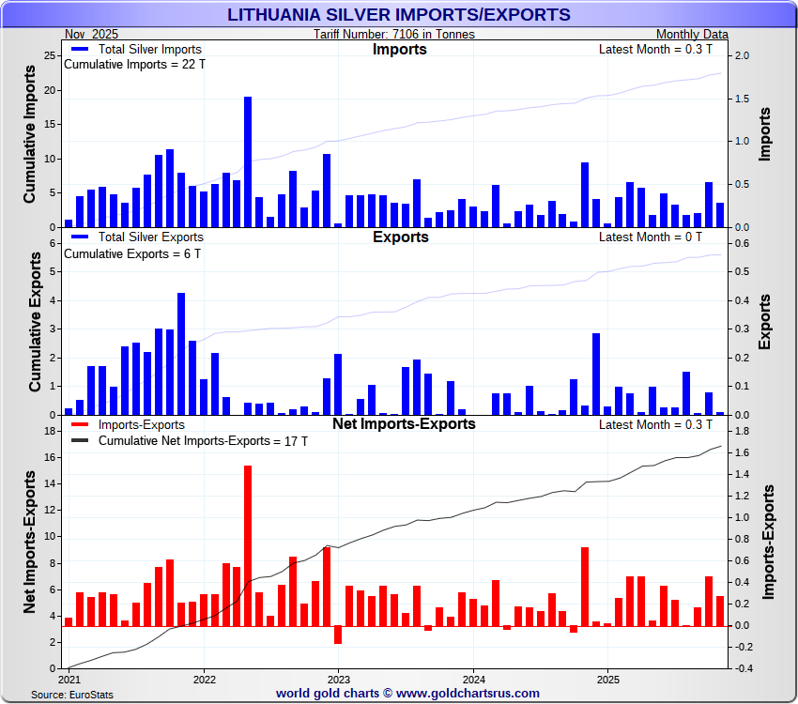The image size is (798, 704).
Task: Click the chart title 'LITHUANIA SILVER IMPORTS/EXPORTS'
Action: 399,14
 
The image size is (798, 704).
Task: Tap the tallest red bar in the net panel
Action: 248,544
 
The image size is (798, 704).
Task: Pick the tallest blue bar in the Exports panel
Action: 181,353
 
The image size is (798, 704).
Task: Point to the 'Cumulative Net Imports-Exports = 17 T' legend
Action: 203,440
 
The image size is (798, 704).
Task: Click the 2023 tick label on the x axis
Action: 338,679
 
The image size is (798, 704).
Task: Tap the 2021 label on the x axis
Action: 69,679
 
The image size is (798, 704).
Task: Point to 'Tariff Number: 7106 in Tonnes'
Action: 394,35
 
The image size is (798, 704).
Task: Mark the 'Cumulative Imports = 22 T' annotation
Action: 133,65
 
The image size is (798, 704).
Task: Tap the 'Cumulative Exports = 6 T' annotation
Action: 131,253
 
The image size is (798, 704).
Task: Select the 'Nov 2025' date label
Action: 91,35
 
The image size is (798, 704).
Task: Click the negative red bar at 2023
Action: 338,635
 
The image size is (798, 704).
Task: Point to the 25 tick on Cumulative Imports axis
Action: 51,56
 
